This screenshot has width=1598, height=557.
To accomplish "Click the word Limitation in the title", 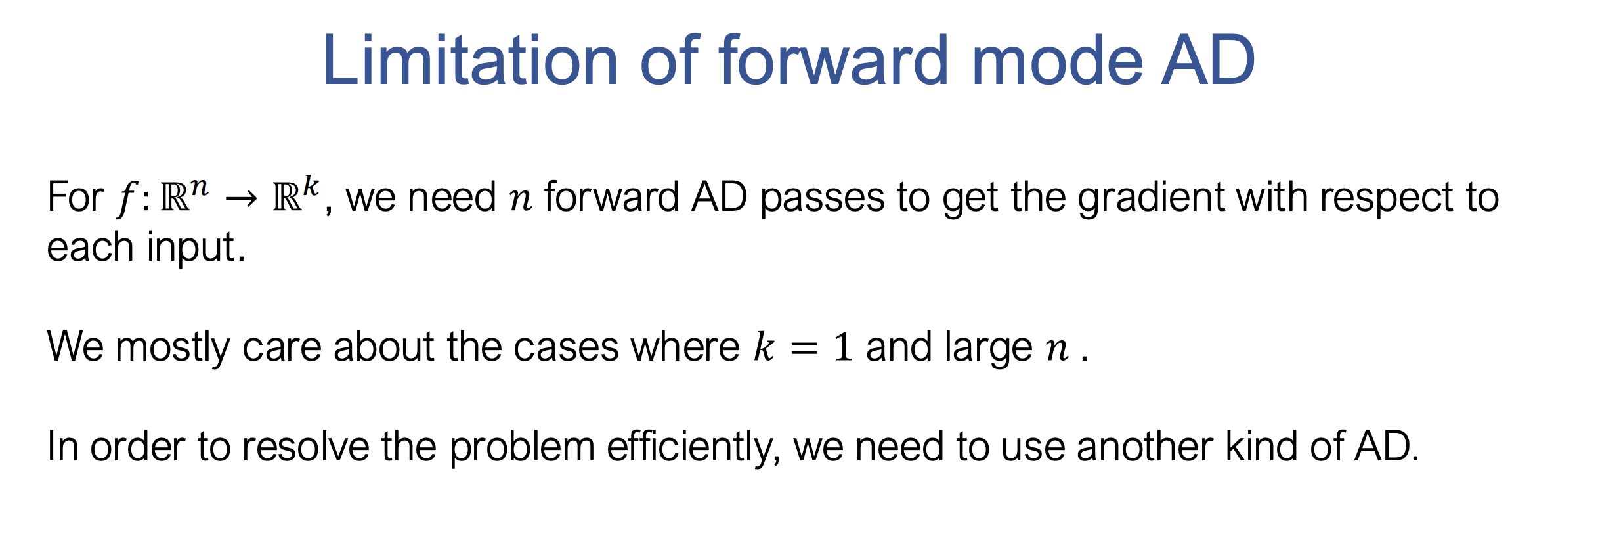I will (469, 61).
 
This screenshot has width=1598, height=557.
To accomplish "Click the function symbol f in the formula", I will (125, 198).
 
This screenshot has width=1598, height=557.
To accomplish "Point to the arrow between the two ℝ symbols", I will (240, 198).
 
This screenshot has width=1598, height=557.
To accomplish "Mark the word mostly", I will (173, 347).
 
